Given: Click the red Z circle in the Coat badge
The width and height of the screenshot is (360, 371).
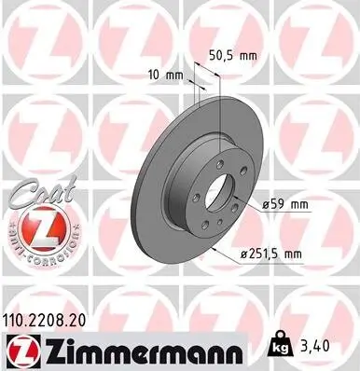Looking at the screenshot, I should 34,227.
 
